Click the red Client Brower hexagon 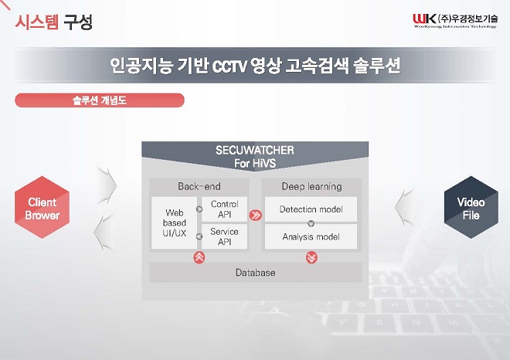[42, 208]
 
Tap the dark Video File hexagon [471, 208]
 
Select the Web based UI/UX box [174, 223]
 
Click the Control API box [224, 209]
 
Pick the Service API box [224, 236]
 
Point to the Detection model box [311, 209]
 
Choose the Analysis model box [311, 236]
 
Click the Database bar [255, 273]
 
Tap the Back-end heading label [199, 186]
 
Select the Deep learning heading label [311, 186]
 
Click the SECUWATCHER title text [255, 150]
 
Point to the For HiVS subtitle [255, 163]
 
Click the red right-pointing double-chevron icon [255, 216]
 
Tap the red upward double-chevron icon [199, 257]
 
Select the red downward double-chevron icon [311, 257]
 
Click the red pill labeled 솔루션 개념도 [100, 100]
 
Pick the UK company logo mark [424, 19]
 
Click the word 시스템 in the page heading [37, 22]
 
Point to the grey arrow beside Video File [403, 208]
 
